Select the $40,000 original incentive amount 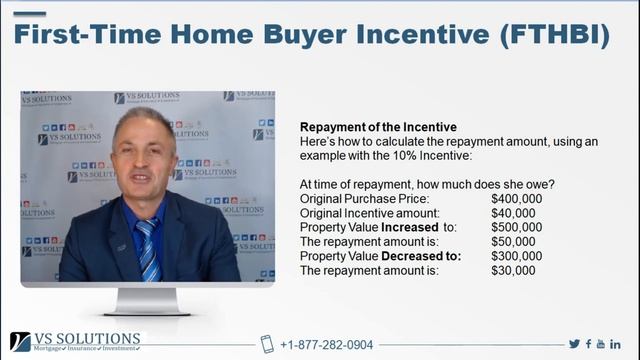tap(513, 213)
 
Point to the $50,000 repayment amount tap(513, 241)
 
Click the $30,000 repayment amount tap(513, 270)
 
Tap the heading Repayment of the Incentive tap(378, 128)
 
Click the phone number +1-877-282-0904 tap(327, 345)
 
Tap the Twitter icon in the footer tap(574, 344)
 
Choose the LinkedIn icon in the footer tap(616, 344)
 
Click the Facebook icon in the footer tap(589, 344)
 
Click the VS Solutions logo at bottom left tap(75, 342)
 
